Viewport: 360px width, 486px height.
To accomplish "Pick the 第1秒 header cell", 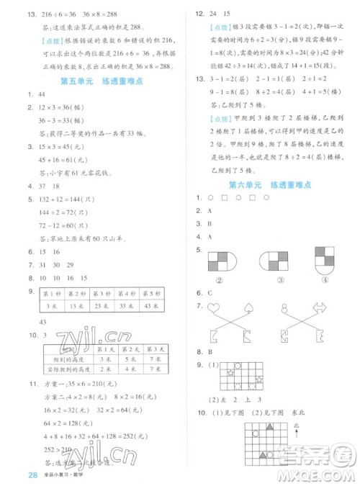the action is point(53,292).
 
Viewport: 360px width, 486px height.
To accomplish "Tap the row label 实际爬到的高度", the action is point(68,369).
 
